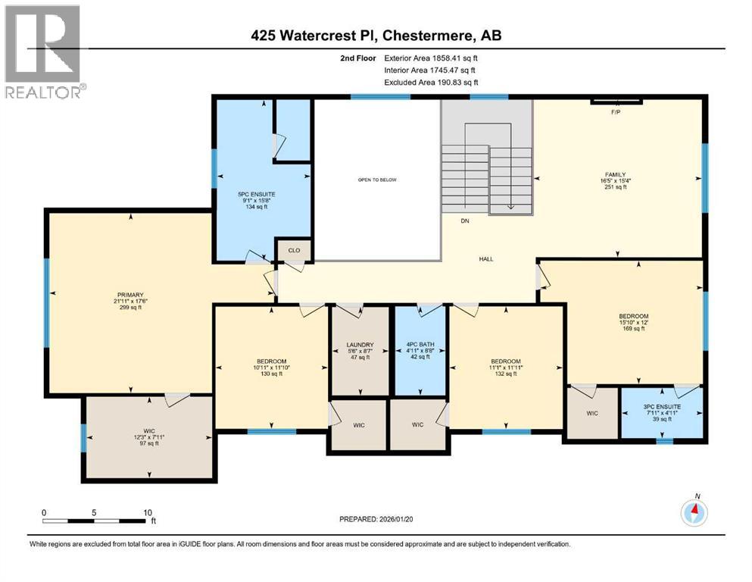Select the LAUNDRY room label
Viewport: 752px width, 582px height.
pos(359,345)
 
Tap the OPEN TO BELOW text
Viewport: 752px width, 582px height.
pos(378,180)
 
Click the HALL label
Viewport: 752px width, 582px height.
pos(486,259)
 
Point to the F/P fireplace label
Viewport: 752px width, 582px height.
pos(615,111)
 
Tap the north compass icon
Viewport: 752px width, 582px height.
pos(693,512)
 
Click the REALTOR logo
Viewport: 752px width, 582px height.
pos(44,52)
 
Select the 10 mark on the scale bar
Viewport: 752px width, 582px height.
pos(148,512)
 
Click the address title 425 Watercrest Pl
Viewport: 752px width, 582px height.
pos(376,36)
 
